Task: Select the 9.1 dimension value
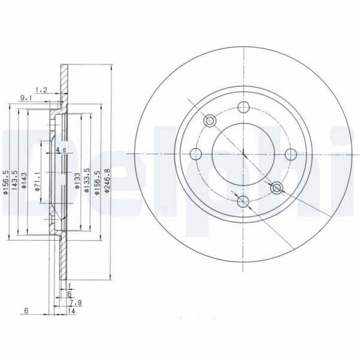tap(26, 97)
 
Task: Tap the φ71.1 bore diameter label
tap(37, 179)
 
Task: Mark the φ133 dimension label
tap(77, 181)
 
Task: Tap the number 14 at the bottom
tap(71, 311)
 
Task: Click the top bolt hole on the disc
tap(243, 107)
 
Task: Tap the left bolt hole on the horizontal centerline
tap(196, 154)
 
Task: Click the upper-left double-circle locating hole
tap(210, 122)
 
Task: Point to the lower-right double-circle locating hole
tap(276, 188)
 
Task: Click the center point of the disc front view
tap(244, 154)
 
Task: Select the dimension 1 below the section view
tap(70, 286)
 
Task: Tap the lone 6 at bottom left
tap(28, 311)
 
